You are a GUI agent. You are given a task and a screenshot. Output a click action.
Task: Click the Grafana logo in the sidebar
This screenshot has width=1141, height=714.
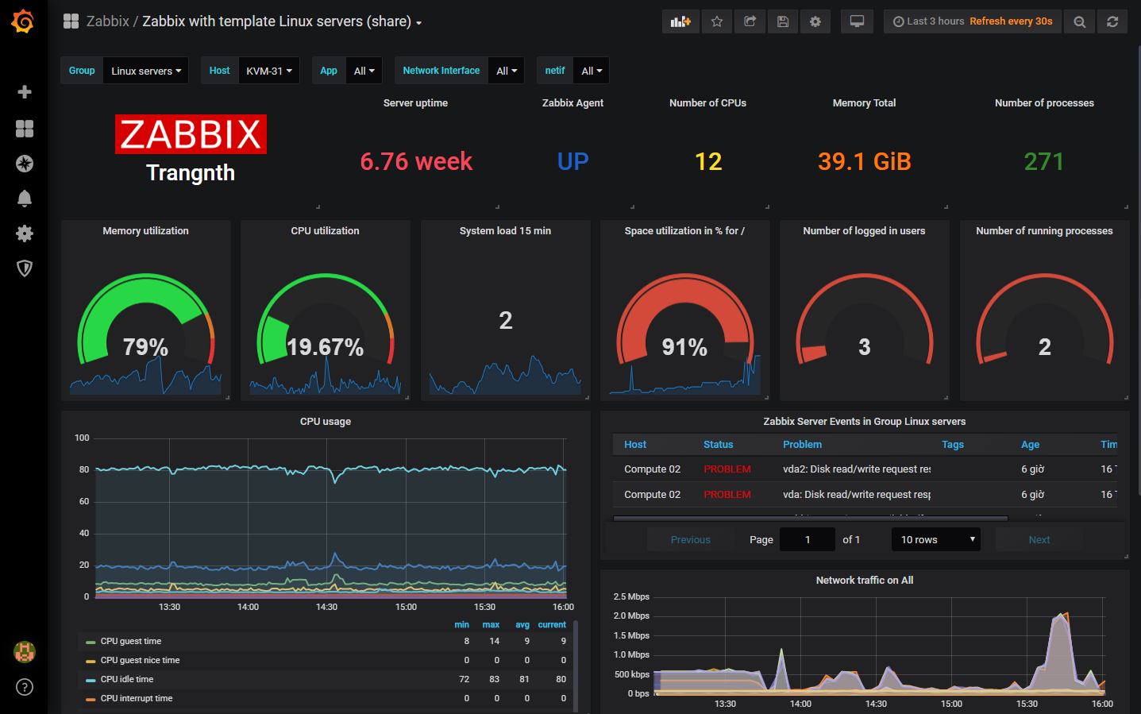pyautogui.click(x=23, y=21)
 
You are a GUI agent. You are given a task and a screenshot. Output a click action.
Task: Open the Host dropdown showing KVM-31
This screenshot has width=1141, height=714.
pyautogui.click(x=268, y=71)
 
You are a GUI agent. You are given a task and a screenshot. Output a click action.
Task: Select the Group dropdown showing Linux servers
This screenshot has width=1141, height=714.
pyautogui.click(x=145, y=71)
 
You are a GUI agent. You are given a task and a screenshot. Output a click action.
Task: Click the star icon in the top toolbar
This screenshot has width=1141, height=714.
pyautogui.click(x=717, y=21)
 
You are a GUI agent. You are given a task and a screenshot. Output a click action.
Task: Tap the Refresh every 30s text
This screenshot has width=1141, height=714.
pyautogui.click(x=1011, y=21)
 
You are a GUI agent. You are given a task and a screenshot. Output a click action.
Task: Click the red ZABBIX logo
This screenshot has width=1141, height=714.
pyautogui.click(x=191, y=134)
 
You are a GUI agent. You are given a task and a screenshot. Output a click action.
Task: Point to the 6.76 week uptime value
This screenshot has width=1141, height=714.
pyautogui.click(x=416, y=161)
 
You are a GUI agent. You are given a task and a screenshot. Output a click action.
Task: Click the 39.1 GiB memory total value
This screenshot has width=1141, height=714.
pyautogui.click(x=864, y=161)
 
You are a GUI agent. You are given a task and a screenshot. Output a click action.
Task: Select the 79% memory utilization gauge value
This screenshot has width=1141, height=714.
pyautogui.click(x=145, y=347)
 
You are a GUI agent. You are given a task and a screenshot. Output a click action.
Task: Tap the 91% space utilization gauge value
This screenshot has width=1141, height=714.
pyautogui.click(x=684, y=347)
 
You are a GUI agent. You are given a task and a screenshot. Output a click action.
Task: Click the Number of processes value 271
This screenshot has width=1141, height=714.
pyautogui.click(x=1043, y=161)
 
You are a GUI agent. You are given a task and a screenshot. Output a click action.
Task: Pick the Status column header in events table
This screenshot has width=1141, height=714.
pyautogui.click(x=718, y=445)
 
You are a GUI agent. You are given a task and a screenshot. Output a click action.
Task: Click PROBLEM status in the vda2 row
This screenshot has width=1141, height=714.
pyautogui.click(x=727, y=469)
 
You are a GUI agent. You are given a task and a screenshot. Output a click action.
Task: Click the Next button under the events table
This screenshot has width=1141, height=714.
pyautogui.click(x=1039, y=540)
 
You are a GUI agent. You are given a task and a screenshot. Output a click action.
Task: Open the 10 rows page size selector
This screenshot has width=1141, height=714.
pyautogui.click(x=935, y=540)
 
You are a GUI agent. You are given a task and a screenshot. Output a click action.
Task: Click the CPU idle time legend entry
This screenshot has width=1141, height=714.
pyautogui.click(x=127, y=679)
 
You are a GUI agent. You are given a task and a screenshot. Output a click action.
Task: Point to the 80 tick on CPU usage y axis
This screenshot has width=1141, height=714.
pyautogui.click(x=84, y=469)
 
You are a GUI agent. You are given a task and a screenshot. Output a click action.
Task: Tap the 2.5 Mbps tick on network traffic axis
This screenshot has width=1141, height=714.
pyautogui.click(x=631, y=596)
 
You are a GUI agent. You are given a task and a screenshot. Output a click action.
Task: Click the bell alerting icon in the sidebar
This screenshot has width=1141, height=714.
pyautogui.click(x=25, y=199)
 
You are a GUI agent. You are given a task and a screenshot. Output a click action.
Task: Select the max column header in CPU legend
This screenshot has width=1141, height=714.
pyautogui.click(x=491, y=625)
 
